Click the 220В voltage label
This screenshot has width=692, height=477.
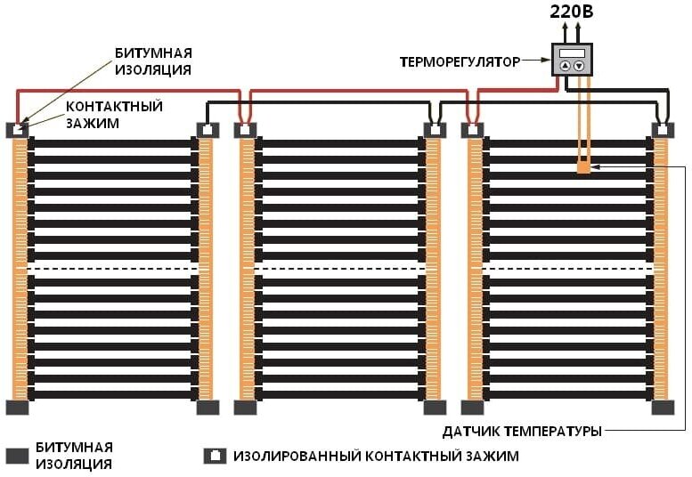click(x=571, y=13)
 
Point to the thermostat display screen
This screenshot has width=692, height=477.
click(x=571, y=53)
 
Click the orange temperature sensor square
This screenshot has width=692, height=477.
click(x=583, y=166)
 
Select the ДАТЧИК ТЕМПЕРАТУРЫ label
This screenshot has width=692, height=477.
click(x=522, y=432)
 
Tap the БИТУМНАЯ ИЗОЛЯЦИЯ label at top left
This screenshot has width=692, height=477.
click(x=153, y=61)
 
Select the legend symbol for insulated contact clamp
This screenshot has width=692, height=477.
click(x=215, y=457)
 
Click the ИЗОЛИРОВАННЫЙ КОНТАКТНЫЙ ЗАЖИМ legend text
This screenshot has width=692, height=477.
click(x=376, y=457)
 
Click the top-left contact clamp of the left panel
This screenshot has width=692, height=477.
click(x=19, y=130)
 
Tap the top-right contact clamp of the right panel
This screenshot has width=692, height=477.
click(x=663, y=130)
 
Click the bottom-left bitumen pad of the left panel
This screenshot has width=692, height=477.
click(x=18, y=408)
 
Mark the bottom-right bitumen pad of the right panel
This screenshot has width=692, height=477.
click(x=663, y=408)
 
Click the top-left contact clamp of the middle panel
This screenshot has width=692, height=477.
click(x=246, y=130)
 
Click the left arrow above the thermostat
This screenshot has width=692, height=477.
click(x=564, y=31)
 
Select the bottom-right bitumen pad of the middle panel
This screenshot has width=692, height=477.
click(x=435, y=408)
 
